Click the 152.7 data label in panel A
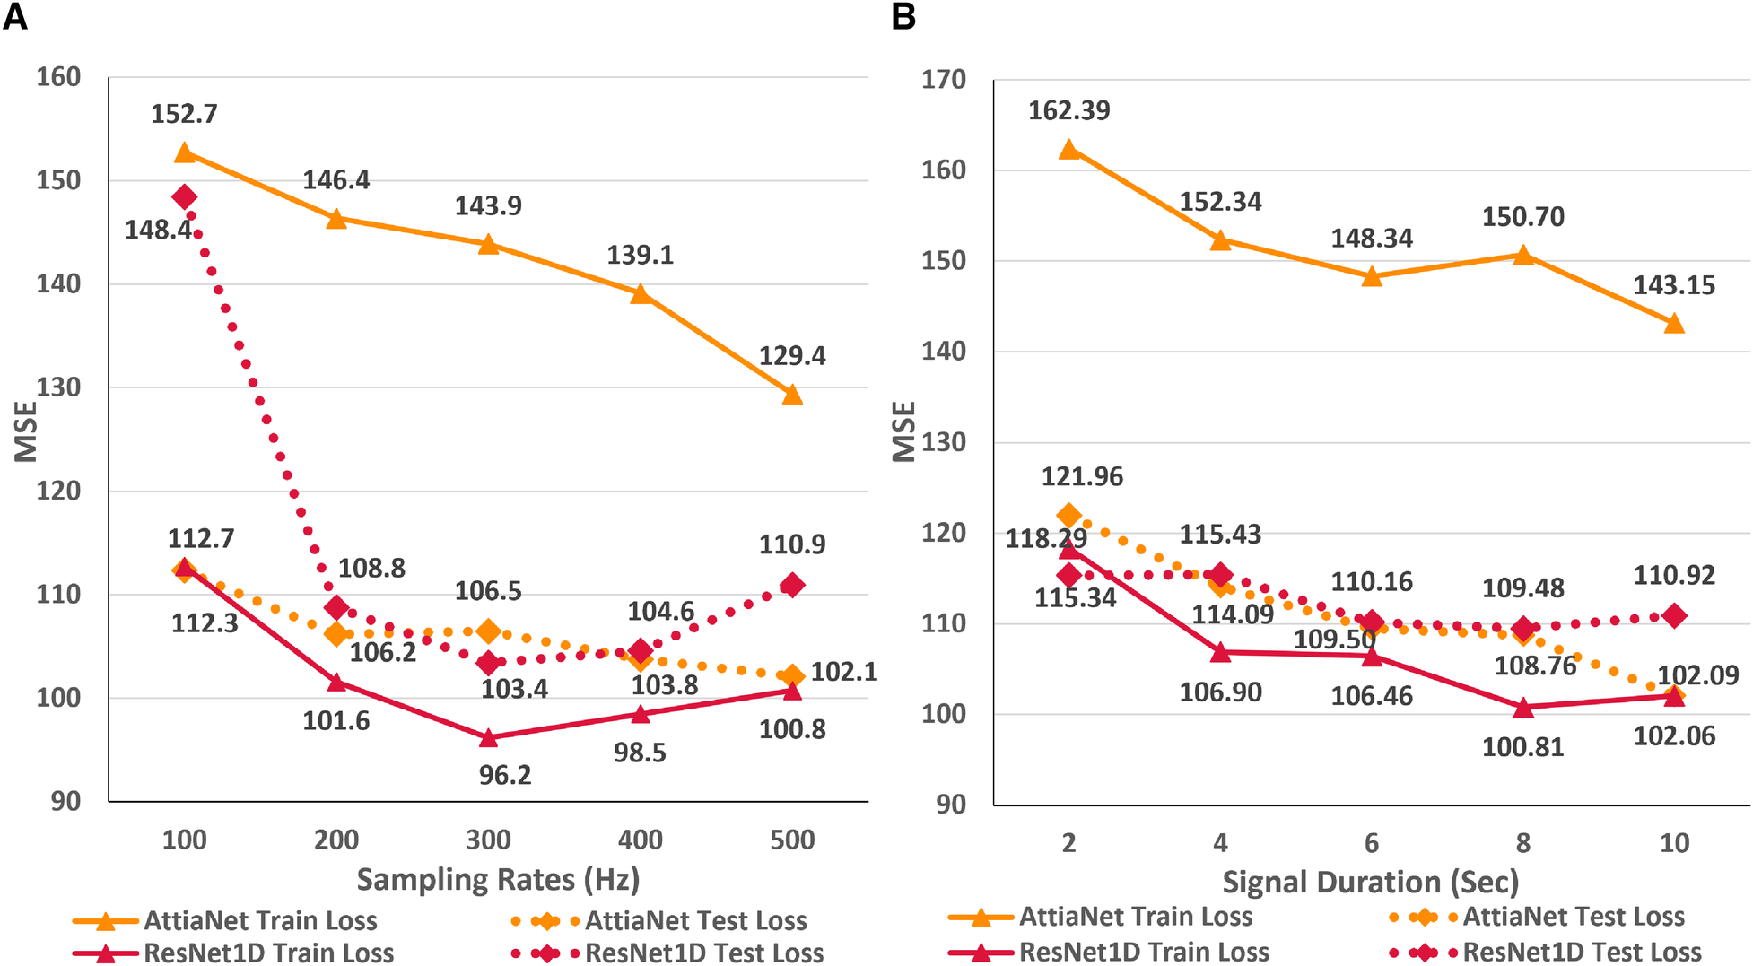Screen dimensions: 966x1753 click(x=184, y=114)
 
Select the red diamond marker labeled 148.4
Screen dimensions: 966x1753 click(x=185, y=197)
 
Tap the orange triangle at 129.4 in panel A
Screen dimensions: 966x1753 click(x=792, y=394)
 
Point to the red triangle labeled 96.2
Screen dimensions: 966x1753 click(x=488, y=737)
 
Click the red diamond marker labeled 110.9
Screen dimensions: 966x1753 click(x=792, y=586)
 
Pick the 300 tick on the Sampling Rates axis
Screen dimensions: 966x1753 click(x=488, y=840)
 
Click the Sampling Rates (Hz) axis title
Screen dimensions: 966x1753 click(x=498, y=879)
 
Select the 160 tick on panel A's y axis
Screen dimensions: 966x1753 click(x=58, y=77)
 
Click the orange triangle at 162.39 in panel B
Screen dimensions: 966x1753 click(x=1069, y=149)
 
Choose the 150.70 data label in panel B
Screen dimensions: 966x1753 click(x=1522, y=217)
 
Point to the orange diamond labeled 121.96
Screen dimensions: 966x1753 click(x=1069, y=516)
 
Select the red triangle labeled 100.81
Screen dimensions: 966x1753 click(x=1522, y=708)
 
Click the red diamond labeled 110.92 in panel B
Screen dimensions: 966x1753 click(x=1674, y=615)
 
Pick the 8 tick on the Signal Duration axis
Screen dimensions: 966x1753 click(x=1522, y=843)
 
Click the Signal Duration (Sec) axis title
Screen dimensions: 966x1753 click(x=1371, y=882)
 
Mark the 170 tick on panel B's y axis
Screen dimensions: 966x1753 click(x=944, y=80)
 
